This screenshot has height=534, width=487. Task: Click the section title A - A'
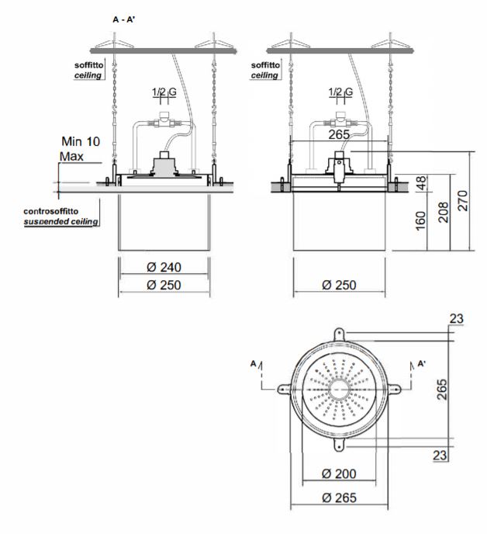click(x=124, y=19)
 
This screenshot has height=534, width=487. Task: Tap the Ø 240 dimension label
click(x=164, y=267)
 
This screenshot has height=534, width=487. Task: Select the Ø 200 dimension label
click(x=339, y=473)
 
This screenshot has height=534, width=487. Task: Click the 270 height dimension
click(x=463, y=200)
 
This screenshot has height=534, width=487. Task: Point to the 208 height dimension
click(x=443, y=212)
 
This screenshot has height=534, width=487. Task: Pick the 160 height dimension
click(x=420, y=220)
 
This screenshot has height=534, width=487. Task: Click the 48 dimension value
click(x=420, y=183)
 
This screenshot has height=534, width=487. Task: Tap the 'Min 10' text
click(x=81, y=141)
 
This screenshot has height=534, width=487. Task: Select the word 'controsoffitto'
click(x=50, y=211)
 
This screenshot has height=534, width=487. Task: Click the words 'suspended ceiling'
click(x=61, y=222)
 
